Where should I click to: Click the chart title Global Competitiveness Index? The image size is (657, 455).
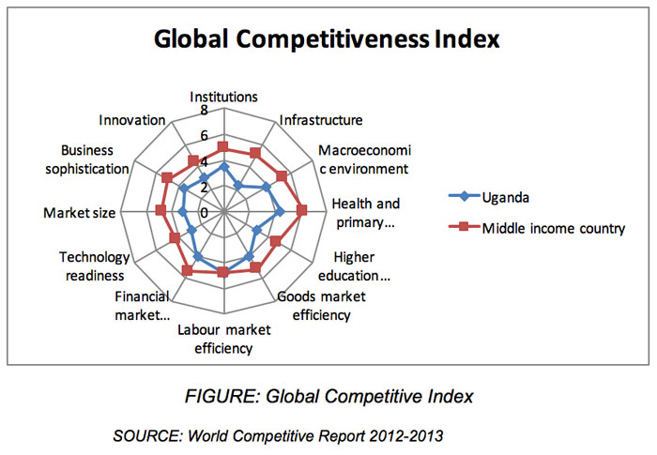click(328, 39)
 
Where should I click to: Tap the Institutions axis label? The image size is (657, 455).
click(224, 96)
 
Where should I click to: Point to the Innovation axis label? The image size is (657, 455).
click(132, 120)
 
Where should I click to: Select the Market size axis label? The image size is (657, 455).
click(79, 213)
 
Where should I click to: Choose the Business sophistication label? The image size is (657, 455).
click(94, 159)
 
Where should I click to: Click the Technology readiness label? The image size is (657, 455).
click(92, 265)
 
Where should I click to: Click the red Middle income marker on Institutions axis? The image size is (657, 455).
click(223, 147)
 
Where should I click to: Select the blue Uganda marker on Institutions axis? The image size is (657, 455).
click(223, 167)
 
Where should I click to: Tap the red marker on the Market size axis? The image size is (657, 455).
click(160, 210)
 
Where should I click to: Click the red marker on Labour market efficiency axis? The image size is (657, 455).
click(223, 273)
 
